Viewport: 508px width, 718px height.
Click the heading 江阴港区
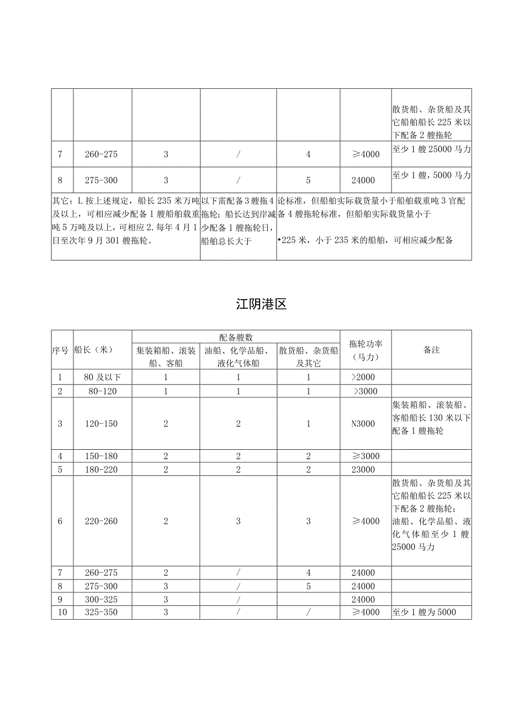tap(261, 304)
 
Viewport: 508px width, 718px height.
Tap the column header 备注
tap(432, 349)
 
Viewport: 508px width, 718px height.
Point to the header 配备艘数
tap(236, 337)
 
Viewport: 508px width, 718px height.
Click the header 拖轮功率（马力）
tap(366, 349)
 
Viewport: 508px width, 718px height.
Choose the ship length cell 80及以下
tap(102, 377)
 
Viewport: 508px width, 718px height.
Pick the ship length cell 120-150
tap(102, 424)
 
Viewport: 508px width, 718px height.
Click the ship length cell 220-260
tap(102, 521)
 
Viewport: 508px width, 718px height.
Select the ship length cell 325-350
tap(102, 613)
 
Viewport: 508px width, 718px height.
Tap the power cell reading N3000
tap(363, 424)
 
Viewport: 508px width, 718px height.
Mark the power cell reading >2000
tap(366, 377)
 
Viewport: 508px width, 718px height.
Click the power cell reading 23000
tap(362, 470)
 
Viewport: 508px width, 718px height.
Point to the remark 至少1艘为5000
tap(425, 613)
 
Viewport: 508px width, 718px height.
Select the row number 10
tap(61, 613)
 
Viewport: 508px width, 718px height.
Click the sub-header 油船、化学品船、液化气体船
tap(238, 356)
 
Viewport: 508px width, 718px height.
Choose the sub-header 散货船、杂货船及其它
tap(308, 356)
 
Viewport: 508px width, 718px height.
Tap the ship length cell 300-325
tap(102, 599)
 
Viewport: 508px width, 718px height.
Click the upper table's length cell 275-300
tap(102, 180)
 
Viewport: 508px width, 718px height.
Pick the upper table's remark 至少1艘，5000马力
tap(432, 175)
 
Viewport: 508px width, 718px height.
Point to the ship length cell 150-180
tap(102, 456)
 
